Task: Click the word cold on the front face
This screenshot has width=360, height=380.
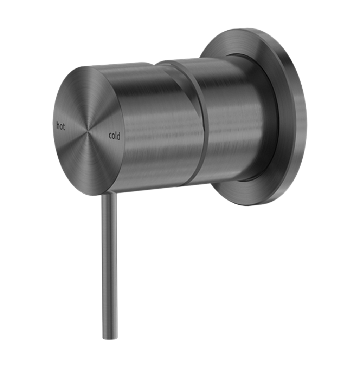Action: [114, 136]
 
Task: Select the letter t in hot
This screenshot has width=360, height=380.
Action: [64, 127]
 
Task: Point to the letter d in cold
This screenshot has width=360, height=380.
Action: [118, 136]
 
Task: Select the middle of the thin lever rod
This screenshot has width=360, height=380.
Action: [109, 263]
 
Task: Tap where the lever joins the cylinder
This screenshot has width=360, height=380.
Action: [109, 194]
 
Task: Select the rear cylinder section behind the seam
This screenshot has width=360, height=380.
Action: [236, 119]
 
